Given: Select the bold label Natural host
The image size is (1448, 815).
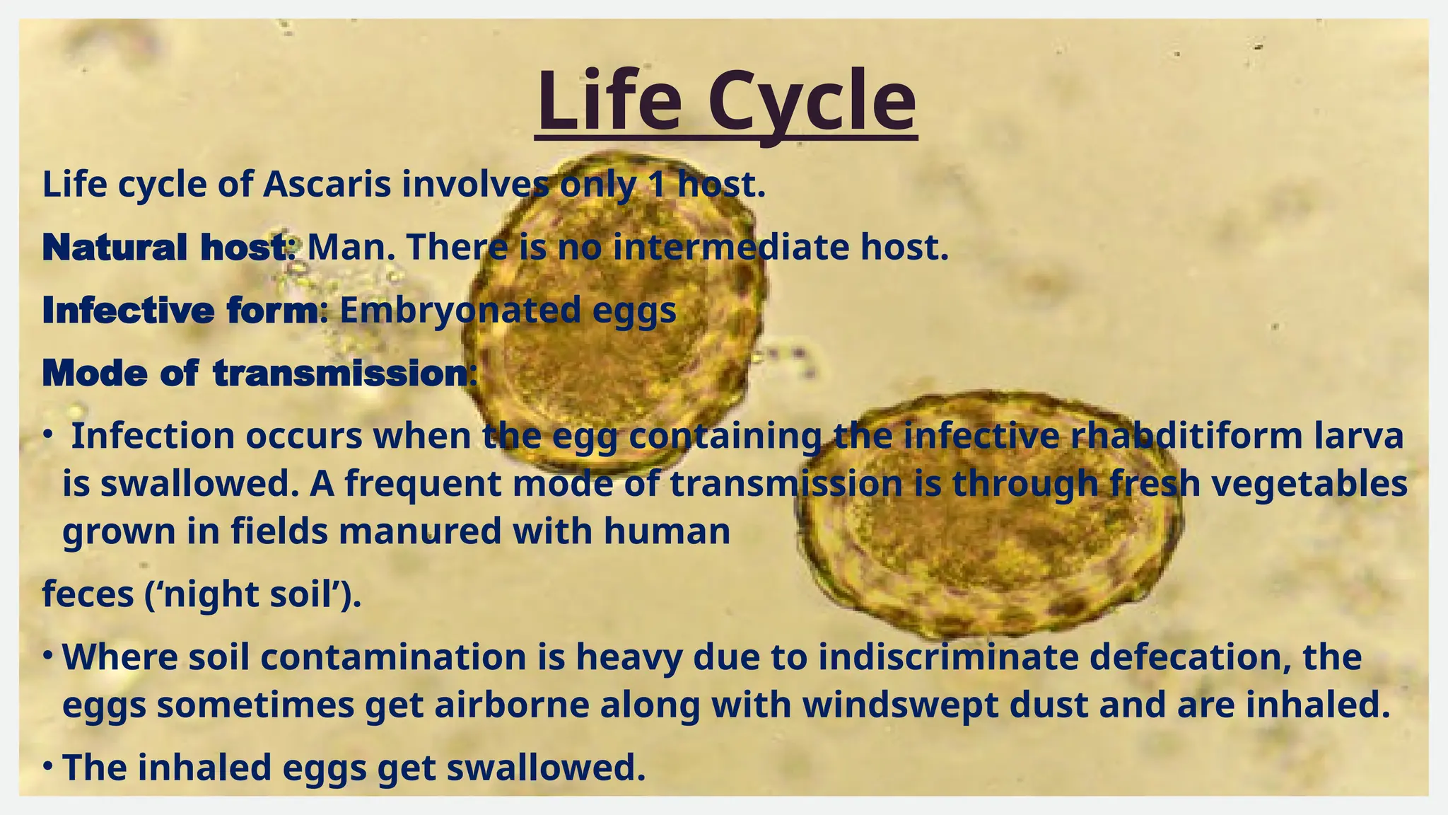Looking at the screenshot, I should [165, 248].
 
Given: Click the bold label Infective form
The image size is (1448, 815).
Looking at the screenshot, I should [181, 311].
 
